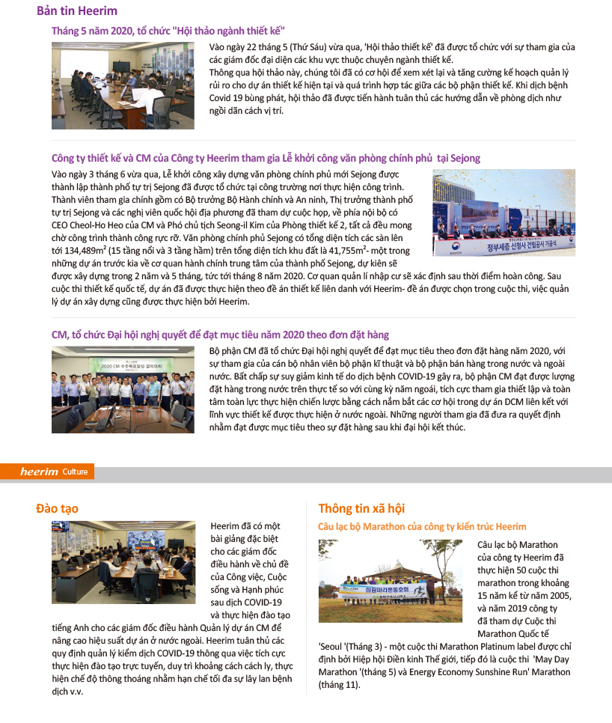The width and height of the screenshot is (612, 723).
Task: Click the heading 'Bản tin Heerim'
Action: coord(77,11)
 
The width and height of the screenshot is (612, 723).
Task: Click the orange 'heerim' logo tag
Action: coord(40,472)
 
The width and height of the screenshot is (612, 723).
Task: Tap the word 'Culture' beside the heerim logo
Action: coord(76,472)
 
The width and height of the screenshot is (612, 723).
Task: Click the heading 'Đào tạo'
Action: coord(57,509)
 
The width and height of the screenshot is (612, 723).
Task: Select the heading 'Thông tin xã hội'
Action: coord(361,509)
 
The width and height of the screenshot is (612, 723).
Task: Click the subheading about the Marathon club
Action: coord(422,527)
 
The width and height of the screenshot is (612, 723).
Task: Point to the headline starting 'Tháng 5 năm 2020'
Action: coord(168,31)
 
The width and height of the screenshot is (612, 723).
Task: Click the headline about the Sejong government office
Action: coord(266,158)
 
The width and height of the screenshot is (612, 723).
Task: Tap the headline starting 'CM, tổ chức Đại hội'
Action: coord(220,335)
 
